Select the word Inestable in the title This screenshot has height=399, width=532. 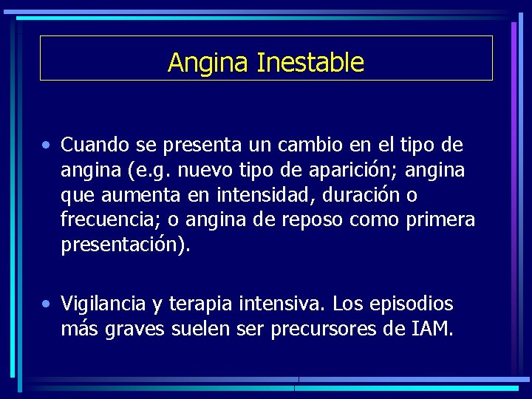point(310,62)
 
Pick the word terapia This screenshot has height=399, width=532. point(205,304)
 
